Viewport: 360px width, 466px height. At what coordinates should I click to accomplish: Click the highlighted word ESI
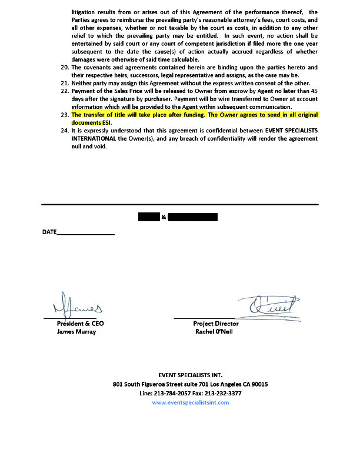pyautogui.click(x=105, y=122)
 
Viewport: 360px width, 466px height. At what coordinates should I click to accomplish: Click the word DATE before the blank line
pyautogui.click(x=49, y=232)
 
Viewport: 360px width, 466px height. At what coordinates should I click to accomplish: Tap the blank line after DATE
pyautogui.click(x=85, y=234)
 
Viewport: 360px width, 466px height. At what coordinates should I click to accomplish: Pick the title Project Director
pyautogui.click(x=216, y=324)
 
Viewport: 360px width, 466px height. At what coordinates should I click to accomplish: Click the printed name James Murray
pyautogui.click(x=76, y=332)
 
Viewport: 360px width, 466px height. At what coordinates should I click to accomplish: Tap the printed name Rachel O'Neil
pyautogui.click(x=215, y=332)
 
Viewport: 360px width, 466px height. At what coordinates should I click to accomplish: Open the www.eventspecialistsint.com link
pyautogui.click(x=191, y=403)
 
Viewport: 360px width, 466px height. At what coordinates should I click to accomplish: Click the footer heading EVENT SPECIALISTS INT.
pyautogui.click(x=191, y=374)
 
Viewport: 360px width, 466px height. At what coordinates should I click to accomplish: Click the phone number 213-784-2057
pyautogui.click(x=172, y=393)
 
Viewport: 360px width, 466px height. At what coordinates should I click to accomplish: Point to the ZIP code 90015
pyautogui.click(x=258, y=384)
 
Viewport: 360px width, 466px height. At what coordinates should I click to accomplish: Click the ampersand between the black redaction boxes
pyautogui.click(x=163, y=217)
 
